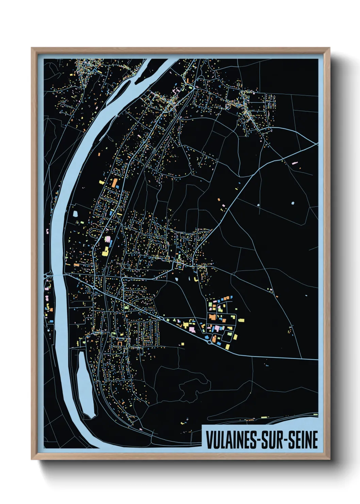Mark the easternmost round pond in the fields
point(293,203)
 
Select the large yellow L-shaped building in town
point(105,252)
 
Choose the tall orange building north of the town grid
point(115,183)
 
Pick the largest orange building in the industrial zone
point(213,317)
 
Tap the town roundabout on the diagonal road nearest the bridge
point(93,288)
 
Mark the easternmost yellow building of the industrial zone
point(241,320)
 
